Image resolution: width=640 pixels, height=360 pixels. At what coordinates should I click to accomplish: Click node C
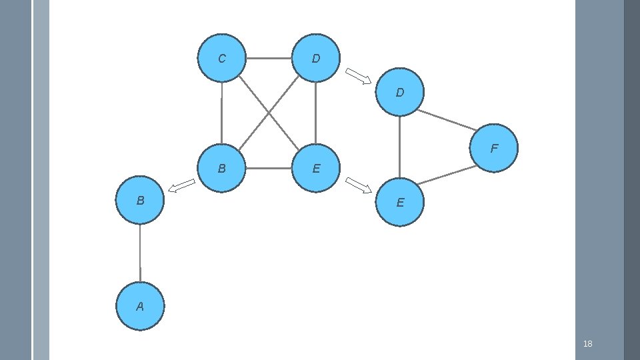222,59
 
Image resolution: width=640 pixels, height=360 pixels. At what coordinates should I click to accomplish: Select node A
140,306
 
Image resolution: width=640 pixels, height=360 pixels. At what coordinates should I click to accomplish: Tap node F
493,148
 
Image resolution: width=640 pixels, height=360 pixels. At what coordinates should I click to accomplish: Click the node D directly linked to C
316,59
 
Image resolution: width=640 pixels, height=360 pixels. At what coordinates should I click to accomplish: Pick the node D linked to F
399,92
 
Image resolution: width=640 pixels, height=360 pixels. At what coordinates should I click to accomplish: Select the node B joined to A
140,199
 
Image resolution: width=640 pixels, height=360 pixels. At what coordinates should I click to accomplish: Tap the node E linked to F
399,202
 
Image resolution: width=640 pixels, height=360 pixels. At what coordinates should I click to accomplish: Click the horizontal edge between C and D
269,59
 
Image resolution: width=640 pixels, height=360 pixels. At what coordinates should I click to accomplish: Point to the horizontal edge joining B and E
269,168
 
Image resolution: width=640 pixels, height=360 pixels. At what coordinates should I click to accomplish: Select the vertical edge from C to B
221,113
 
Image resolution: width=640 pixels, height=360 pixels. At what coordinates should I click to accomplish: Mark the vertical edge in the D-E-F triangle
399,147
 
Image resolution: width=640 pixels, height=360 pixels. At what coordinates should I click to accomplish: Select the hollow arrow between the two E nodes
359,185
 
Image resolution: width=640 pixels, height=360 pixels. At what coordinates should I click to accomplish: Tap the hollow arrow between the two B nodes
181,186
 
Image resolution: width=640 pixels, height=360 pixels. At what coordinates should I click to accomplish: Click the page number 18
587,344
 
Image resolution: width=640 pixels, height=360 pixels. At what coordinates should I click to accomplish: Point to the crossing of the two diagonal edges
269,113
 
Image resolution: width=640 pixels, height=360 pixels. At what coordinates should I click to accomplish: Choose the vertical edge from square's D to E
315,113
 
